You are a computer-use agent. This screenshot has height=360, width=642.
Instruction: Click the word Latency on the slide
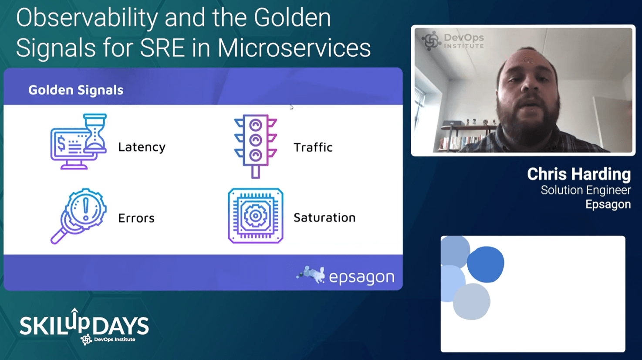point(142,147)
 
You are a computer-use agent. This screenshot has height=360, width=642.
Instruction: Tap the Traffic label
point(313,147)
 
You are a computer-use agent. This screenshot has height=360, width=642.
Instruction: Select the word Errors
point(136,218)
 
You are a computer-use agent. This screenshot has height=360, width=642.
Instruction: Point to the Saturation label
point(324,218)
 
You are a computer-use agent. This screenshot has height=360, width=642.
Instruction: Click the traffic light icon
point(256,146)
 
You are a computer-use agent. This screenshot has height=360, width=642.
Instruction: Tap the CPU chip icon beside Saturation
point(256,216)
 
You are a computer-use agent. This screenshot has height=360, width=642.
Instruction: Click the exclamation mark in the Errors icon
point(86,209)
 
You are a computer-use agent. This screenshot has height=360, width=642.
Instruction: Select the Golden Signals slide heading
point(76,90)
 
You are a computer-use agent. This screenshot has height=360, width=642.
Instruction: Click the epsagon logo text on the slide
point(362,277)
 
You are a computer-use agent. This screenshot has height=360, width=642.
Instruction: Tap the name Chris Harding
point(579,174)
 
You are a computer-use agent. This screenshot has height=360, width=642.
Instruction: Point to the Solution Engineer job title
point(585,190)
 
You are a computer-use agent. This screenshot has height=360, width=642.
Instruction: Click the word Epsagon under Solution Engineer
point(608,204)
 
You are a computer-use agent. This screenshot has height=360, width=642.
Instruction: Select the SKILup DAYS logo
point(84,327)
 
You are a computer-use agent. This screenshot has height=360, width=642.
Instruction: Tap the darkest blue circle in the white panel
point(486,265)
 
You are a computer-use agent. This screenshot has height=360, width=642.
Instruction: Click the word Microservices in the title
point(294,48)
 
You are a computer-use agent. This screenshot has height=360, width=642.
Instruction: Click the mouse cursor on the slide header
point(291,107)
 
